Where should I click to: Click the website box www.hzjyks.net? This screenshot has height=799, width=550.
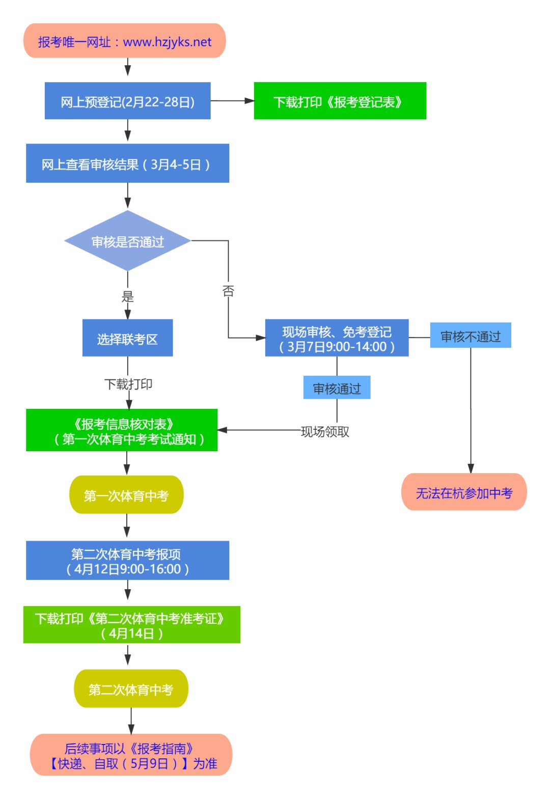[124, 41]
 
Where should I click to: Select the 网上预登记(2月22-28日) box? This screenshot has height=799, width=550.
[127, 101]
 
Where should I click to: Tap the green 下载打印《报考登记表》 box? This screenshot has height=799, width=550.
[340, 101]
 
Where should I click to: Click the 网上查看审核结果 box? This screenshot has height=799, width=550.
[127, 163]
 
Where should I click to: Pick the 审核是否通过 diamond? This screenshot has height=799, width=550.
[127, 241]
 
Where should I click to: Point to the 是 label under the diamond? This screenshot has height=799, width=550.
[127, 296]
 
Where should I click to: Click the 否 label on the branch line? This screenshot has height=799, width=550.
[228, 291]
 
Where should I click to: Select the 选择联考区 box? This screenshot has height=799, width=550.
[127, 338]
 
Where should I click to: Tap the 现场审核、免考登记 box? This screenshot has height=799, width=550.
[337, 338]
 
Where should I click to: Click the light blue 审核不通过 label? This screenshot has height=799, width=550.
[470, 336]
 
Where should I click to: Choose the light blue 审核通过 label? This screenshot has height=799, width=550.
[337, 388]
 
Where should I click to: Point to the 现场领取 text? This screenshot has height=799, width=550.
[325, 432]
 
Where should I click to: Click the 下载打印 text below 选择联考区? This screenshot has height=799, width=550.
[128, 384]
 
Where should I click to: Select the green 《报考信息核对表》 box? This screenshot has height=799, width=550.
[122, 430]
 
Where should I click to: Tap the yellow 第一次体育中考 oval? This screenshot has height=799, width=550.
[126, 495]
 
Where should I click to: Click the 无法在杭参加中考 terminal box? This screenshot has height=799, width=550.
[464, 492]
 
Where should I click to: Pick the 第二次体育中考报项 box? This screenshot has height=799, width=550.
[127, 561]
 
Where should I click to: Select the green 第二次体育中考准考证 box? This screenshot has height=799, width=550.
[131, 625]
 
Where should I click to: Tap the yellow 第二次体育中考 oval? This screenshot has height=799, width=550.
[131, 689]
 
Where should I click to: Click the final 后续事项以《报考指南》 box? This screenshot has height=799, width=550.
[131, 755]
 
